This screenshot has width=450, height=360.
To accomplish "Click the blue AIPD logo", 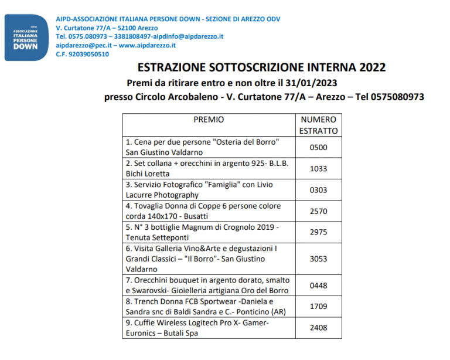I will (x=26, y=38).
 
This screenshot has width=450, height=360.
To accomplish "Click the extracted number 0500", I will (x=318, y=147).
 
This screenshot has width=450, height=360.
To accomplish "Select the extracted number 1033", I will (x=318, y=168).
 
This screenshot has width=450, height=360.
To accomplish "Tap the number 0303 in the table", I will (x=318, y=189).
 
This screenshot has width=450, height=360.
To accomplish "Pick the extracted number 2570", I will (x=318, y=211).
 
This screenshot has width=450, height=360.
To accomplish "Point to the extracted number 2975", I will (x=318, y=232).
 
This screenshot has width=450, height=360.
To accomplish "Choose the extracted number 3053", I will (x=318, y=259).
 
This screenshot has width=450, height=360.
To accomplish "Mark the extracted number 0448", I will (x=318, y=286).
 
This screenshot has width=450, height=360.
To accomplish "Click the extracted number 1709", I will (x=318, y=307).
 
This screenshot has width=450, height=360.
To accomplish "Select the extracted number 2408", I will (x=318, y=328).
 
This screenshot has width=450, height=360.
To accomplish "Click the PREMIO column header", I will (x=209, y=119).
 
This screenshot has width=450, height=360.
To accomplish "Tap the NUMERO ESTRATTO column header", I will (x=318, y=125).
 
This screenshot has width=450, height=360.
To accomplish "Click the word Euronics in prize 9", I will (x=142, y=333).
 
